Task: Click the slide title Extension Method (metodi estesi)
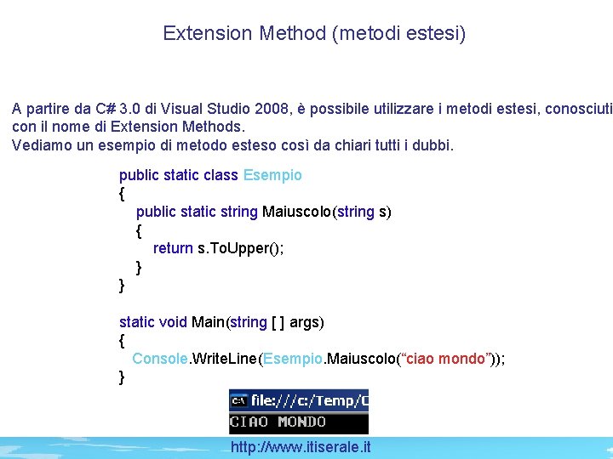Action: pyautogui.click(x=314, y=33)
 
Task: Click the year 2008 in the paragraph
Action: pyautogui.click(x=267, y=109)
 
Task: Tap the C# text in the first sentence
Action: pyautogui.click(x=106, y=109)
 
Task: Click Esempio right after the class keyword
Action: pyautogui.click(x=272, y=175)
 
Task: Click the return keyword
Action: pyautogui.click(x=173, y=248)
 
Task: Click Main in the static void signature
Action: pyautogui.click(x=208, y=322)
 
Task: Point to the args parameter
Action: pyautogui.click(x=306, y=322)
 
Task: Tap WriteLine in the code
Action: pyautogui.click(x=226, y=359)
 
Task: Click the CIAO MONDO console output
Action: pyautogui.click(x=278, y=422)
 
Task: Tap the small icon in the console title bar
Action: pyautogui.click(x=239, y=399)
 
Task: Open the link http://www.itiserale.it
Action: pyautogui.click(x=301, y=447)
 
